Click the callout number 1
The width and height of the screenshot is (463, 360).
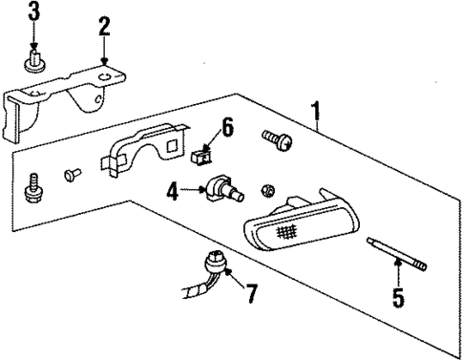pyautogui.click(x=316, y=118)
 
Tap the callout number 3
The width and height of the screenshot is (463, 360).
pyautogui.click(x=34, y=13)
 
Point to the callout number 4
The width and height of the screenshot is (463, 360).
pyautogui.click(x=173, y=192)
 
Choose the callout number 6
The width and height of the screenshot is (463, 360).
pyautogui.click(x=227, y=126)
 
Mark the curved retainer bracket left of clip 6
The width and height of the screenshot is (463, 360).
pyautogui.click(x=143, y=147)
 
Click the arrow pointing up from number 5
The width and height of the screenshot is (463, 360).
pyautogui.click(x=399, y=279)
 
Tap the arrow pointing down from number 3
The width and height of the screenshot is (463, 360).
pyautogui.click(x=34, y=38)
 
